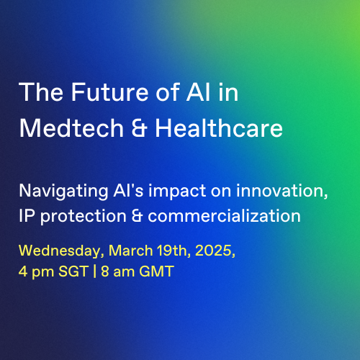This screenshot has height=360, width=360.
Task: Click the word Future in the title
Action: tap(110, 92)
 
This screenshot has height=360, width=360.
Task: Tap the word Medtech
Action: tap(71, 128)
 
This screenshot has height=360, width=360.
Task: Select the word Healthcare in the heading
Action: tap(219, 128)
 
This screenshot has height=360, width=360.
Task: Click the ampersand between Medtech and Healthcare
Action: tap(140, 128)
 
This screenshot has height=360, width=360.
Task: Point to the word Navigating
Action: tap(63, 192)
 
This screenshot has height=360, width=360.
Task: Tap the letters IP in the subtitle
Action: tap(27, 215)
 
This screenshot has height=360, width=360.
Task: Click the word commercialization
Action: tap(224, 215)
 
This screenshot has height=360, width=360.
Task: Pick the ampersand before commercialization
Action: tap(137, 216)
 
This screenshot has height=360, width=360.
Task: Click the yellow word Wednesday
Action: tap(61, 251)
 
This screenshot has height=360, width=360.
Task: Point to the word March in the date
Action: tap(131, 251)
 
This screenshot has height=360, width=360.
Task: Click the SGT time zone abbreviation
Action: tap(73, 271)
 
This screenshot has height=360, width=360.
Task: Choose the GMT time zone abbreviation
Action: tap(156, 271)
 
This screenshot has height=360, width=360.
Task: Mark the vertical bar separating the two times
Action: tap(95, 271)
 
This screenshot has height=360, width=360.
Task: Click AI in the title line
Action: tap(199, 92)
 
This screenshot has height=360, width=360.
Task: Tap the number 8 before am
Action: tap(105, 271)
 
